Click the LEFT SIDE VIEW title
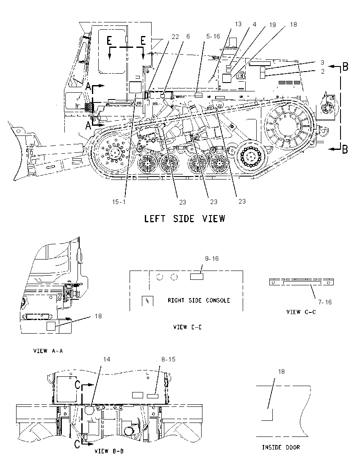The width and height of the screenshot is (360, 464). coord(184,219)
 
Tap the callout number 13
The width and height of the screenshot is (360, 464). coord(238,24)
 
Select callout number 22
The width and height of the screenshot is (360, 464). coord(175,36)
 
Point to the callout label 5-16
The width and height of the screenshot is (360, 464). coord(213,36)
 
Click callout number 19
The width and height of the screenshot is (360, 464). coord(272,25)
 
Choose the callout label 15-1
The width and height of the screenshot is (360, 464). coord(119,202)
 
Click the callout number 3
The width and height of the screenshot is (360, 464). coord(322,63)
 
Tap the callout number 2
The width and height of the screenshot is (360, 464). coord(323,71)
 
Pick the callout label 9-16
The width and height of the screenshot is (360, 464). coord(212,259)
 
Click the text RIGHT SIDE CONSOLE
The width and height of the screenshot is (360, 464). coord(199,300)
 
